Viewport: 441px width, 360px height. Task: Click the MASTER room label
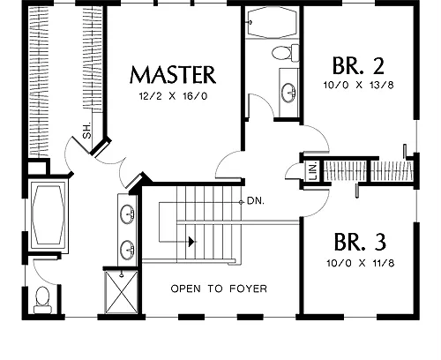tap(173, 75)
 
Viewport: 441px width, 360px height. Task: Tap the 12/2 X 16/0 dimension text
tap(173, 96)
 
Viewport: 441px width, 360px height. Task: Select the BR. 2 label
tap(358, 65)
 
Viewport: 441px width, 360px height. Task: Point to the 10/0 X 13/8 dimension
tap(358, 86)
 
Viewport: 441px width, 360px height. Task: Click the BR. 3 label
tap(360, 242)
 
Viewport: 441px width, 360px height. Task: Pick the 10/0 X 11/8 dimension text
tap(361, 263)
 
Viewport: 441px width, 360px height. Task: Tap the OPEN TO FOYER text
tap(219, 289)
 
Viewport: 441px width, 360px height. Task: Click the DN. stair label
tap(256, 201)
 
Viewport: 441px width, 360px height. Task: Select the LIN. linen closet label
tap(314, 171)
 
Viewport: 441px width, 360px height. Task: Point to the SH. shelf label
tap(87, 131)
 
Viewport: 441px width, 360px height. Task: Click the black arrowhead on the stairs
tap(191, 242)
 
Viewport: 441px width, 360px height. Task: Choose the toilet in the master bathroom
tap(42, 300)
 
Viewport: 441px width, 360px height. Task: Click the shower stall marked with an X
tap(121, 292)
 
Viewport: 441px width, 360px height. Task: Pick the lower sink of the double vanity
tap(127, 250)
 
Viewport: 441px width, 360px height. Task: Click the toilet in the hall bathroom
tap(285, 53)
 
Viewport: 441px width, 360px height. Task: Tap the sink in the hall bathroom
tap(288, 93)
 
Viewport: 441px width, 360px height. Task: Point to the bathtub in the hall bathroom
tap(272, 22)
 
